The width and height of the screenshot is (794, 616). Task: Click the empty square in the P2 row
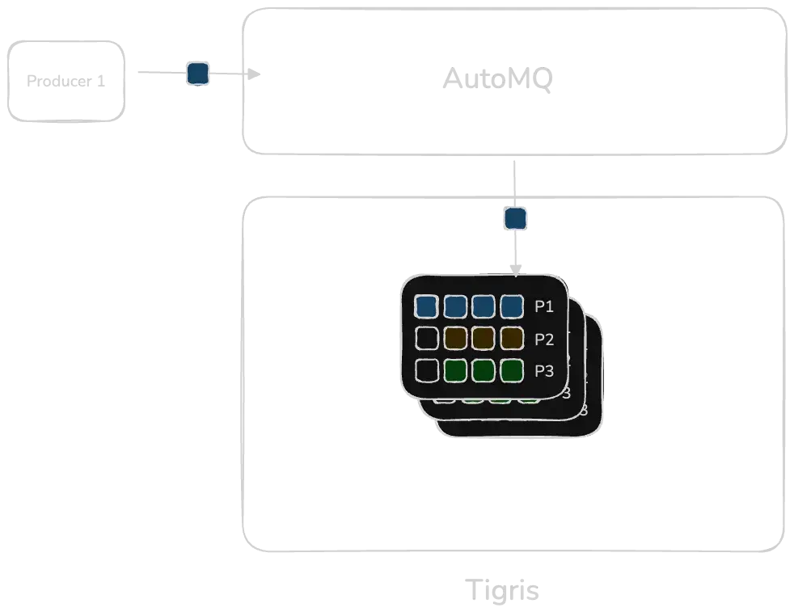click(x=426, y=338)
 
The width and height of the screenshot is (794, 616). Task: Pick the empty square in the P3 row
click(x=426, y=370)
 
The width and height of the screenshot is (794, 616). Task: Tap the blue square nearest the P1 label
click(x=512, y=306)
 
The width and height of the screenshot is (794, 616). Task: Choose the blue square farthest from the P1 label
click(x=426, y=306)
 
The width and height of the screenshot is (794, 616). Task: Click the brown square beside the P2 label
click(x=512, y=338)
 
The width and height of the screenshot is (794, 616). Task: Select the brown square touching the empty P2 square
click(x=455, y=338)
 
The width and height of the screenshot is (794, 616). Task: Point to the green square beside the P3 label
click(x=512, y=370)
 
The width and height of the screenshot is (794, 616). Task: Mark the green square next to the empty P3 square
click(x=455, y=370)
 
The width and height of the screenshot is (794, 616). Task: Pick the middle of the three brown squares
click(x=484, y=338)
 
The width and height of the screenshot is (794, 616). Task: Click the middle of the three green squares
click(x=484, y=370)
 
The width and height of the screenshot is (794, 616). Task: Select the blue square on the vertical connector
click(x=516, y=218)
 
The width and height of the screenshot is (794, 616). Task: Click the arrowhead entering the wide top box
click(x=258, y=74)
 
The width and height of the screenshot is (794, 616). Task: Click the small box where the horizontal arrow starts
click(x=68, y=81)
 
